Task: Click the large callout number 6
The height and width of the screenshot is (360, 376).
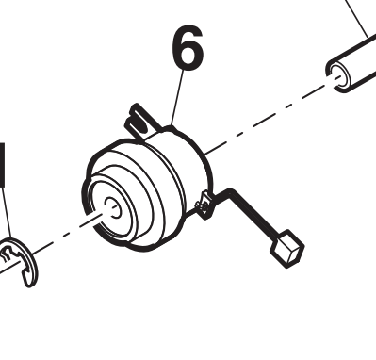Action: [x=188, y=48]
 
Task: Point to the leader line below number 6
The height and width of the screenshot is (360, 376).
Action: [x=177, y=98]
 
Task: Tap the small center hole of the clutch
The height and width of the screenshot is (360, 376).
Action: [x=112, y=207]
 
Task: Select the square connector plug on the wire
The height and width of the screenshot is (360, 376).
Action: [x=287, y=249]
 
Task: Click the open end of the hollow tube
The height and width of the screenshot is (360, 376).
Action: [x=338, y=76]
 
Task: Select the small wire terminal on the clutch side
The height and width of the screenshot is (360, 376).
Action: [x=204, y=205]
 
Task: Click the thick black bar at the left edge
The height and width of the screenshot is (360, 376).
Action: [x=3, y=164]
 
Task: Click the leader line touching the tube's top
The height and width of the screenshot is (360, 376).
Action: [x=357, y=18]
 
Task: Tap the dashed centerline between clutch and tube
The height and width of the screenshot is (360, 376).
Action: [x=270, y=116]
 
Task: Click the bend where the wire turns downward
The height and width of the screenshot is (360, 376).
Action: [x=232, y=192]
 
